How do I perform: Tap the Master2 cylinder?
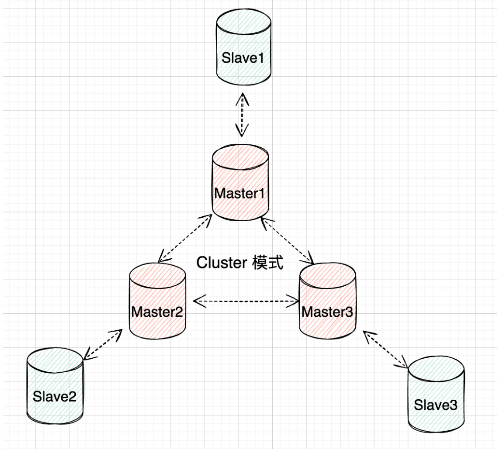pos(157,302)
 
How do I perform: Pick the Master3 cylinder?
pos(328,302)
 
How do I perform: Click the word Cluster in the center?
pos(222,263)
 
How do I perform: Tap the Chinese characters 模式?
pos(267,263)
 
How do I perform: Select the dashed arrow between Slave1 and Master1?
pos(241,115)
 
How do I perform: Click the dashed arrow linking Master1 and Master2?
pos(185,239)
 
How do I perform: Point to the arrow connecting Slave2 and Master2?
pos(103,345)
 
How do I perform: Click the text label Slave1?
pos(243,58)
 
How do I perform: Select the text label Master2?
pos(157,312)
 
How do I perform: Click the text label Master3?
pos(328,312)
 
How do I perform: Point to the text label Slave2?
pos(55,397)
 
